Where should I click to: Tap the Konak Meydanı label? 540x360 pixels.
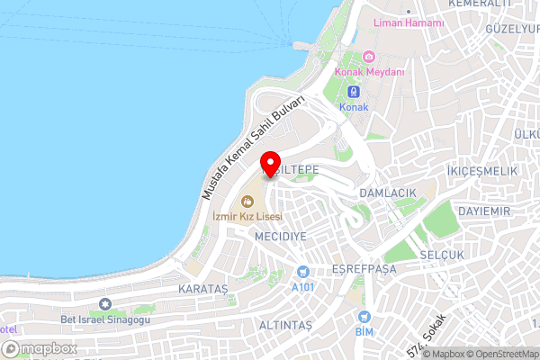369,73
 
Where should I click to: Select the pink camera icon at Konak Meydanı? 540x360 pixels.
369,57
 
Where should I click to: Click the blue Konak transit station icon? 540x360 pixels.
354,91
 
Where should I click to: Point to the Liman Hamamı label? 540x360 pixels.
409,22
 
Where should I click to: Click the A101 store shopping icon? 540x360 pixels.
303,272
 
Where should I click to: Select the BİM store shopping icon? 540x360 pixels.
364,317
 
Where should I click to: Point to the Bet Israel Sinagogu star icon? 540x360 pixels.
105,303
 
